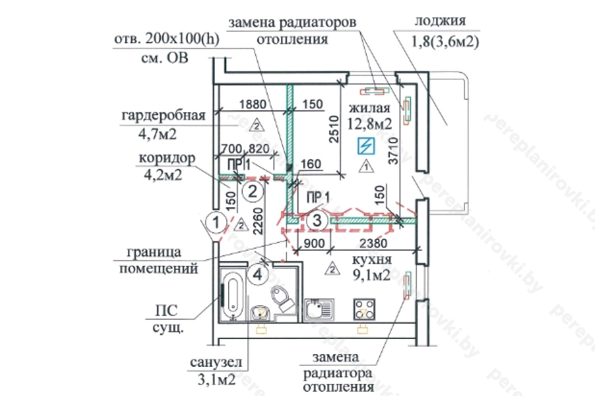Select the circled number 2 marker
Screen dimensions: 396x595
[253, 191]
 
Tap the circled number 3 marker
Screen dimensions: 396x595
[317, 221]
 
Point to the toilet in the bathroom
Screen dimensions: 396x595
[282, 298]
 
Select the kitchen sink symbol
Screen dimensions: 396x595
[319, 308]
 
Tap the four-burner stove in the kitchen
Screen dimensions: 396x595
[364, 308]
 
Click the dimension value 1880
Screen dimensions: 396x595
[253, 104]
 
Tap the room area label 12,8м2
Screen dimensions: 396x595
[369, 123]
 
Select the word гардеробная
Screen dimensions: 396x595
[163, 115]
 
